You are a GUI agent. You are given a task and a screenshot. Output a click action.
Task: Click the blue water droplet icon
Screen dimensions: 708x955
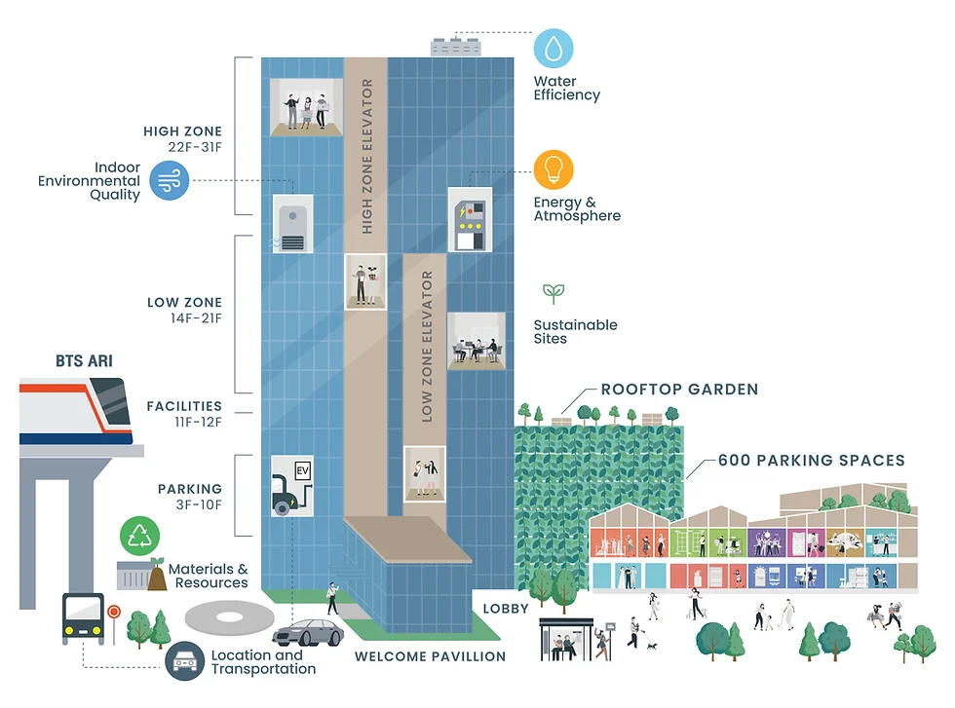click(554, 48)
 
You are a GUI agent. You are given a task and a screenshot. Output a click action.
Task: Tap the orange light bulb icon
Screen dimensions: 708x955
click(554, 169)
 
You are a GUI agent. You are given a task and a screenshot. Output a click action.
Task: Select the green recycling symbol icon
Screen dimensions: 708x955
click(140, 537)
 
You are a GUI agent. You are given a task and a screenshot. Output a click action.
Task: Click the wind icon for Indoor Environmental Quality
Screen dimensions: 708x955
click(169, 180)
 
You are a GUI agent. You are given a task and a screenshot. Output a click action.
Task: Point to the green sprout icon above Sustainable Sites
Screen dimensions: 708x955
click(554, 293)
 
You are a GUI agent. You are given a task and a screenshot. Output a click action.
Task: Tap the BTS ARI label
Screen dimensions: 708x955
click(84, 361)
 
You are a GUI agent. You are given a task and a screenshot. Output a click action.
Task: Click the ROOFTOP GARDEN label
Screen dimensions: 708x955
click(678, 390)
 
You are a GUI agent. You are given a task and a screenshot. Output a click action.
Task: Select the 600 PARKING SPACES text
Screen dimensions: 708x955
click(811, 460)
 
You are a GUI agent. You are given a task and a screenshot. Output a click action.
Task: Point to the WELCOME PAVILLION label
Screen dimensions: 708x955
click(430, 656)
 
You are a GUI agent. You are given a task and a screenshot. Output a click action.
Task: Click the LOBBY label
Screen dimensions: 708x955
click(506, 609)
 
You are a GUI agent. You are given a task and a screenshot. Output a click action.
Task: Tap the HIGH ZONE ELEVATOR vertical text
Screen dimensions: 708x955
click(367, 156)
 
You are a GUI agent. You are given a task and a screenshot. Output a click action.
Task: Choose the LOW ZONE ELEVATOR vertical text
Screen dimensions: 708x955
click(426, 346)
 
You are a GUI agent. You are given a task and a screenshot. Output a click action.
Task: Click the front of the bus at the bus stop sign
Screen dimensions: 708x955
click(82, 618)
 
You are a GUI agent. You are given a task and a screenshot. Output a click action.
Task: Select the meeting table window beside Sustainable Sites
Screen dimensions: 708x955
click(476, 341)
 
